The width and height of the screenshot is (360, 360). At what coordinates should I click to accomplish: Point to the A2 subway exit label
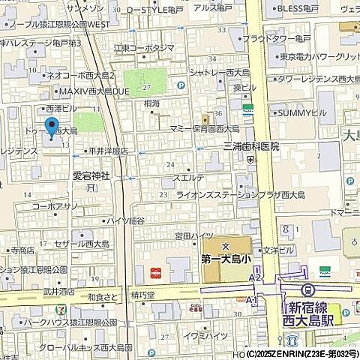tap(256, 278)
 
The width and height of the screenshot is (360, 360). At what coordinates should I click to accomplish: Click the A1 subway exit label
tap(252, 299)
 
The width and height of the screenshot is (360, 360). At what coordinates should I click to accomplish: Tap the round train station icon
tap(306, 289)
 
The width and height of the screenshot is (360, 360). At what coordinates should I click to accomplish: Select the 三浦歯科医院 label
tap(250, 146)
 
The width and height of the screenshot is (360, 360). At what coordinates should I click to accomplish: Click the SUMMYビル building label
tap(303, 112)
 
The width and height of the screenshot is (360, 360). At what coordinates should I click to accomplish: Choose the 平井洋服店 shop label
tap(108, 151)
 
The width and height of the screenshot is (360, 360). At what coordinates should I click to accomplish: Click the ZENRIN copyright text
tap(298, 353)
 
